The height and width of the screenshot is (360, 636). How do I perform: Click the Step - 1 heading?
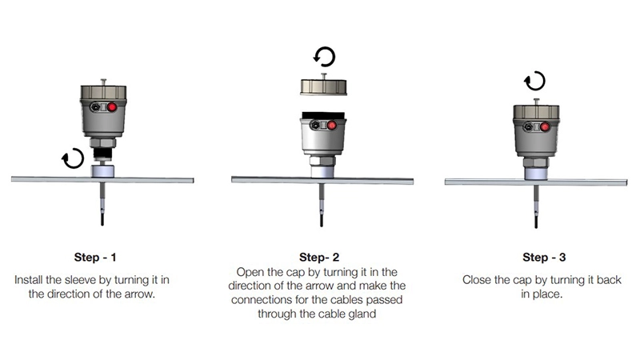[95, 257]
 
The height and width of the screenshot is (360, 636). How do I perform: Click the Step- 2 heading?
[319, 257]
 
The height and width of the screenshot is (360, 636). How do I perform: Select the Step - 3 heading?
[544, 257]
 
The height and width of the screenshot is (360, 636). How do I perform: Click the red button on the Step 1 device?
[111, 107]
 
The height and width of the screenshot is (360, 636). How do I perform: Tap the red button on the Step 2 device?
[332, 126]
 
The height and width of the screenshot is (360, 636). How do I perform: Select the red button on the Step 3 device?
[545, 127]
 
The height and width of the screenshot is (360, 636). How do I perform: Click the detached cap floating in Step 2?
[324, 86]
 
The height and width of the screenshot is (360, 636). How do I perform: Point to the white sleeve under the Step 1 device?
[102, 170]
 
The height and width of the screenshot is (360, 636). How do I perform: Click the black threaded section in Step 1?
[102, 154]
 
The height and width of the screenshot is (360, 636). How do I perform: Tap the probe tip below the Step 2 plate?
[322, 221]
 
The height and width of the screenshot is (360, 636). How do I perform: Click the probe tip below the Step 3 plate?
[536, 222]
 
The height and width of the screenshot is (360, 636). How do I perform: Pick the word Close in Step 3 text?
[475, 280]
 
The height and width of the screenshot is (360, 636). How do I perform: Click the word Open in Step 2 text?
[250, 272]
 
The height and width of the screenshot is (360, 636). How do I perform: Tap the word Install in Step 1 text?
[28, 280]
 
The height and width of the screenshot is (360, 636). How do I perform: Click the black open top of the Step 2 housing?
[324, 115]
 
